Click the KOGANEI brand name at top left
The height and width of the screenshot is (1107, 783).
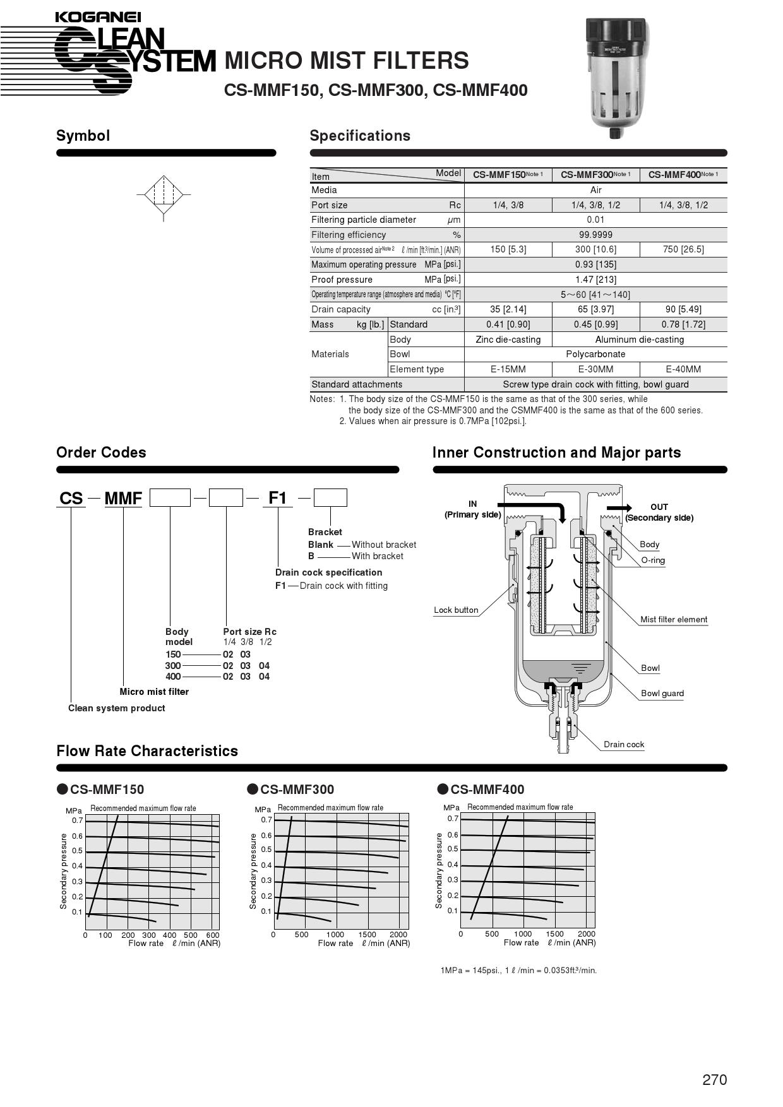point(98,17)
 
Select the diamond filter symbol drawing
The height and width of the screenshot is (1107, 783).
point(164,194)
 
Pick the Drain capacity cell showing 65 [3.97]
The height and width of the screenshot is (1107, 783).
point(595,309)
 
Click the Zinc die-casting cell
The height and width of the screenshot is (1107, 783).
point(508,340)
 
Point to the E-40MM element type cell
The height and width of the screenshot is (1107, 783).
point(683,369)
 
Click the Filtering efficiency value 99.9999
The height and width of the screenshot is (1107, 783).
point(595,235)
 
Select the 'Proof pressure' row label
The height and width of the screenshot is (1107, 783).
point(342,280)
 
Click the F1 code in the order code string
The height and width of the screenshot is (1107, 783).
point(278,498)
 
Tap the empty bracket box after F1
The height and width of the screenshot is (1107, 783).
point(330,498)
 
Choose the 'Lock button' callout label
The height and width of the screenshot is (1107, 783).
point(456,610)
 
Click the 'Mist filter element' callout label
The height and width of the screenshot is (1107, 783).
point(674,620)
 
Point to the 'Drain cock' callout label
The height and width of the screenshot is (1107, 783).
point(624,745)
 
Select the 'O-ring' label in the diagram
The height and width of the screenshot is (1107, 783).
point(653,560)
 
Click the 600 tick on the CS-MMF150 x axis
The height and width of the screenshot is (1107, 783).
point(213,935)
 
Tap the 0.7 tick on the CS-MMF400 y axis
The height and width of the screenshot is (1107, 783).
point(453,819)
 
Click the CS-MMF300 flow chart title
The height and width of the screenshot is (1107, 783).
point(297,790)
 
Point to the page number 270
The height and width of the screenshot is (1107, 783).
point(714,1080)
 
